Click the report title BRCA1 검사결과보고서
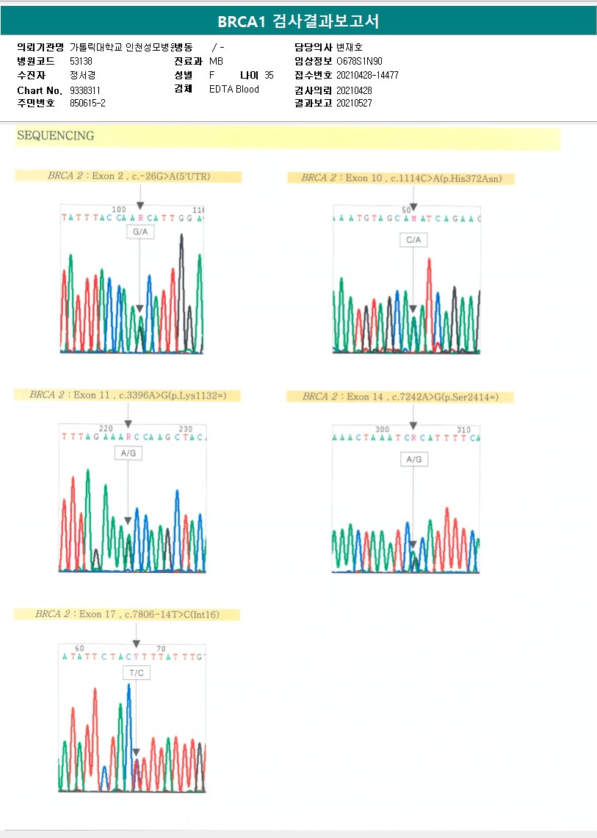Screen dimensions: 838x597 298,21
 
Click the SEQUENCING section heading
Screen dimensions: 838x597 55,136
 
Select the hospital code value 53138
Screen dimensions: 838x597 81,61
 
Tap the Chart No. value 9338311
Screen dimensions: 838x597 85,90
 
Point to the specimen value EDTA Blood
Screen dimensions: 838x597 234,90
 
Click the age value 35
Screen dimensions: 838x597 269,75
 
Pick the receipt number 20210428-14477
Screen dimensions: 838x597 367,75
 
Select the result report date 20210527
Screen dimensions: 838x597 354,104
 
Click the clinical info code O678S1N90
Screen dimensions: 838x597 359,61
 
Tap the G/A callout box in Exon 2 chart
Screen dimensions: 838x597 140,232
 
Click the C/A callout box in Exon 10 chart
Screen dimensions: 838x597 413,240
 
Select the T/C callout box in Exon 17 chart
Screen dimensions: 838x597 136,673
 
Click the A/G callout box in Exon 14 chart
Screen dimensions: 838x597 413,459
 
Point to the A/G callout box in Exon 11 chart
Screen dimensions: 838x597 128,453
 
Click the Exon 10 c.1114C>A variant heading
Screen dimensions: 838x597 408,178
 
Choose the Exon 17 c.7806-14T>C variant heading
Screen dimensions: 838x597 127,614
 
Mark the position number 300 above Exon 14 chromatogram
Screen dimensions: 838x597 382,430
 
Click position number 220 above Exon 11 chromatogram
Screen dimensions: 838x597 106,429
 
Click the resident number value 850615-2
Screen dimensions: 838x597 87,104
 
